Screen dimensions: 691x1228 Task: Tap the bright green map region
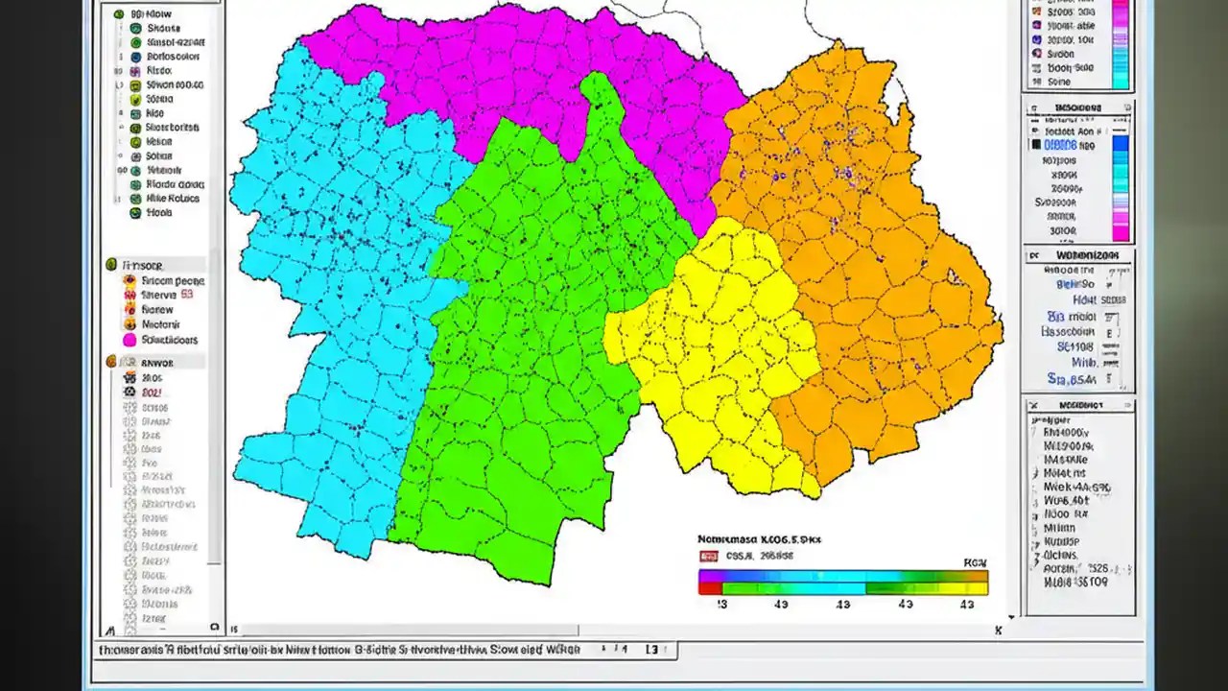click(x=528, y=336)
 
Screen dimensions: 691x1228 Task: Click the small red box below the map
click(x=709, y=556)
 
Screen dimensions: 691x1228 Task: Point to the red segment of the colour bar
click(x=710, y=588)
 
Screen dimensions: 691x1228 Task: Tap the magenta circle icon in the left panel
click(x=129, y=340)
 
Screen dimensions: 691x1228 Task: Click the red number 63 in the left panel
click(x=187, y=296)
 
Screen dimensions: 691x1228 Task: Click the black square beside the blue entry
click(x=1036, y=146)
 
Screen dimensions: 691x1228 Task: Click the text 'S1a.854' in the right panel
click(x=1071, y=377)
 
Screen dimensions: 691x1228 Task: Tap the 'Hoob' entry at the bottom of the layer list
click(x=158, y=213)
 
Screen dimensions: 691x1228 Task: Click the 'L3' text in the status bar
click(x=650, y=650)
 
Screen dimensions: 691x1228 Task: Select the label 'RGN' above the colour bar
click(x=975, y=563)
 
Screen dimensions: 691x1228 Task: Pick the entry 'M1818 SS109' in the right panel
click(x=1075, y=582)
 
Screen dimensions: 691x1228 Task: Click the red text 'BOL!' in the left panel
click(x=153, y=393)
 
